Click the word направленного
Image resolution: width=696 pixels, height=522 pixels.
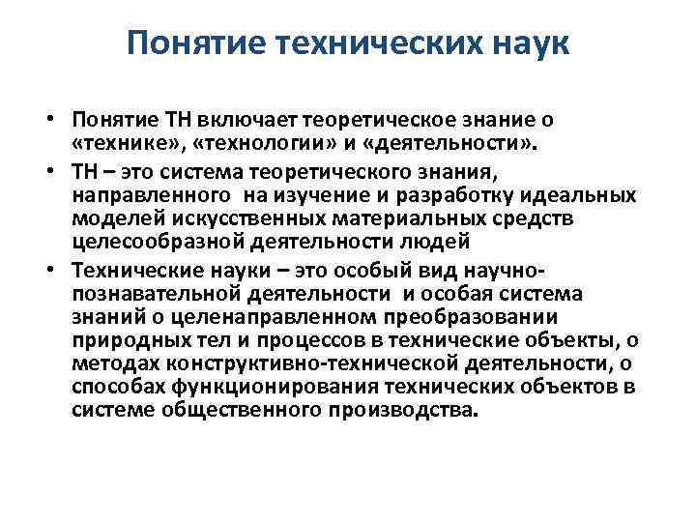click(146, 194)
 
